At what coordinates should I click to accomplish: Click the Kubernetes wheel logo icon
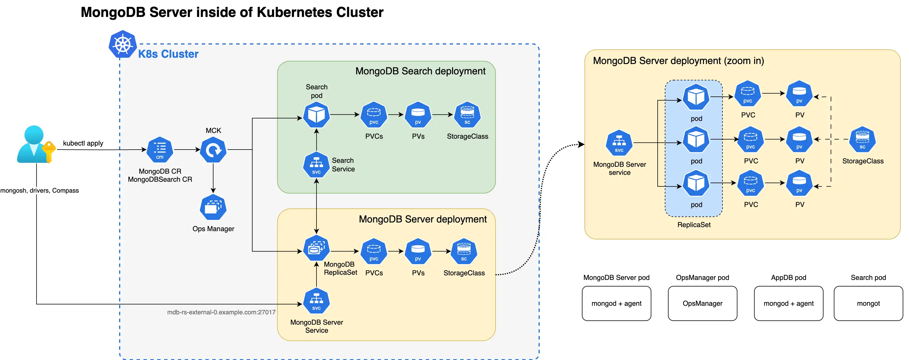[x=123, y=44]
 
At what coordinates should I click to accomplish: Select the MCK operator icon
[x=213, y=150]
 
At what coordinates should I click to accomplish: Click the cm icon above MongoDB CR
[x=160, y=150]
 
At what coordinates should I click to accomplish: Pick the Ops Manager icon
[x=213, y=207]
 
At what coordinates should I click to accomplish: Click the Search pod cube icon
[x=316, y=115]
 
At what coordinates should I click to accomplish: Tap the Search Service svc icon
[x=316, y=165]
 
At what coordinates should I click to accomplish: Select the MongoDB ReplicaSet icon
[x=316, y=248]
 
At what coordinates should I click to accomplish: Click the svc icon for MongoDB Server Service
[x=316, y=301]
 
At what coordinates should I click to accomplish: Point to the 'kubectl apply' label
[x=83, y=143]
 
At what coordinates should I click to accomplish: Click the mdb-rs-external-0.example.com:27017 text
[x=221, y=312]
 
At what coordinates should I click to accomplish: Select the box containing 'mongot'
[x=868, y=303]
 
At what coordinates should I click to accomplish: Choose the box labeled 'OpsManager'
[x=702, y=303]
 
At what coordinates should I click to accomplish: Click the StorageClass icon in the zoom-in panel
[x=863, y=140]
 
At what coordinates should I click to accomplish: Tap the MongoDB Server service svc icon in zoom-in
[x=619, y=143]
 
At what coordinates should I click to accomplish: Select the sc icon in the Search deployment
[x=467, y=115]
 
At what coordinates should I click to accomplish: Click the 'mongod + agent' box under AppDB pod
[x=788, y=303]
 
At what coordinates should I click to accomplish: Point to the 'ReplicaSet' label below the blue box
[x=694, y=225]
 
